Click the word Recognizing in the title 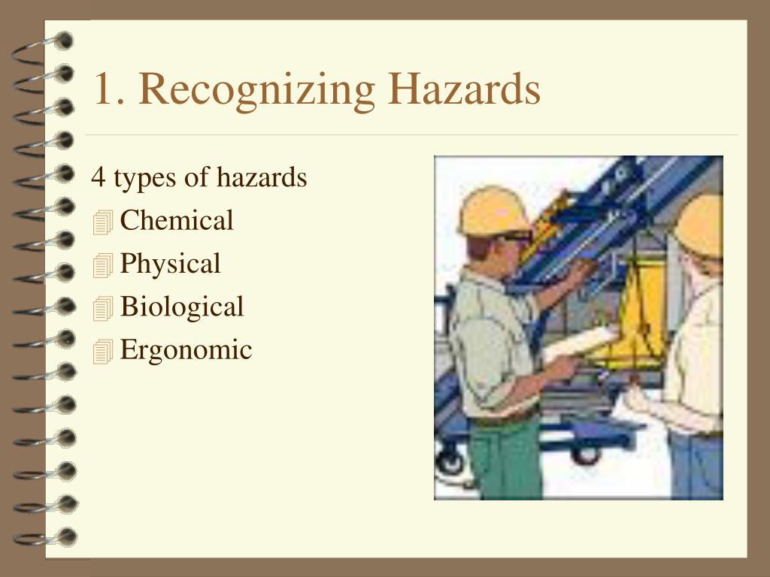[256, 91]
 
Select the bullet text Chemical [177, 221]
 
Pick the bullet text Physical [170, 264]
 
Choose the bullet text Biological [182, 307]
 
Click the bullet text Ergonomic [186, 349]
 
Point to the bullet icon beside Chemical [103, 222]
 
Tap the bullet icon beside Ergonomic [103, 352]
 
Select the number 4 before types [98, 178]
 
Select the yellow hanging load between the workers [640, 316]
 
